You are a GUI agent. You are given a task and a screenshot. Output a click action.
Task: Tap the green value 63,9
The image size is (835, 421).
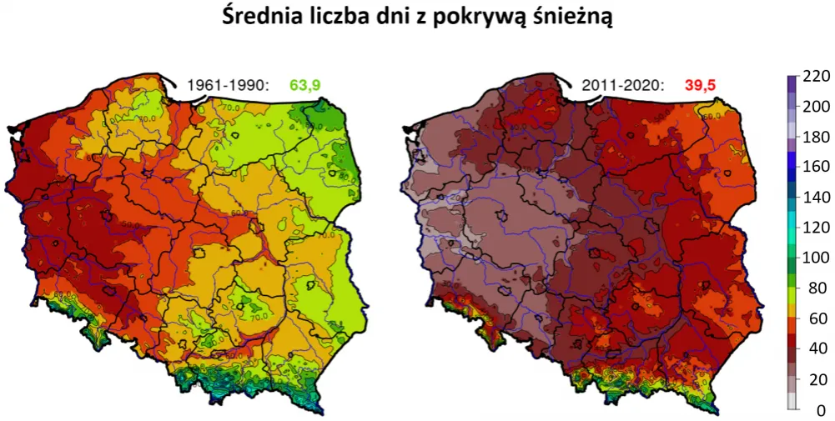click(305, 84)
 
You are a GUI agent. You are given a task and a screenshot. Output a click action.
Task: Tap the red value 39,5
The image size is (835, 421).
click(700, 84)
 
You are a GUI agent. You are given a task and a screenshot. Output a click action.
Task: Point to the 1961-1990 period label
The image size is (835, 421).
click(228, 84)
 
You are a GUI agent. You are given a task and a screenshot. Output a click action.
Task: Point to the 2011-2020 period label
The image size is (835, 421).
click(623, 84)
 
